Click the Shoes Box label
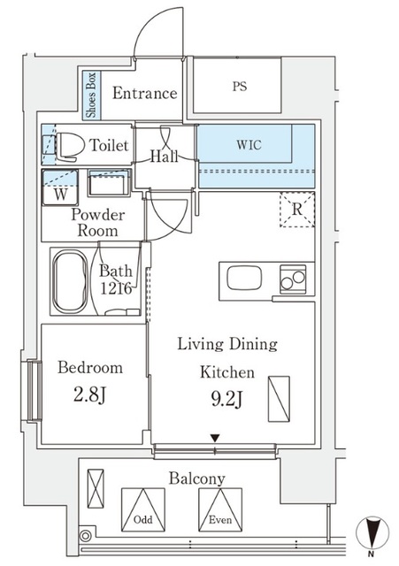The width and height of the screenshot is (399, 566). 92,94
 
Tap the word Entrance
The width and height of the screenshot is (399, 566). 144,94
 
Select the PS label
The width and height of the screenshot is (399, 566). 239,87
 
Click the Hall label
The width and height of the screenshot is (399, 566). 164,157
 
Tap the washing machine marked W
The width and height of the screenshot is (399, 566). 60,189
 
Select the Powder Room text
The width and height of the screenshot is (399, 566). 98,223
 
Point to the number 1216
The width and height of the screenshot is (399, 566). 116,288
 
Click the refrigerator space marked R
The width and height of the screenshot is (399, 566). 298,210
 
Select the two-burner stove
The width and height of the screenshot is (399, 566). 292,279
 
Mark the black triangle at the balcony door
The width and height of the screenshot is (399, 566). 214,438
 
